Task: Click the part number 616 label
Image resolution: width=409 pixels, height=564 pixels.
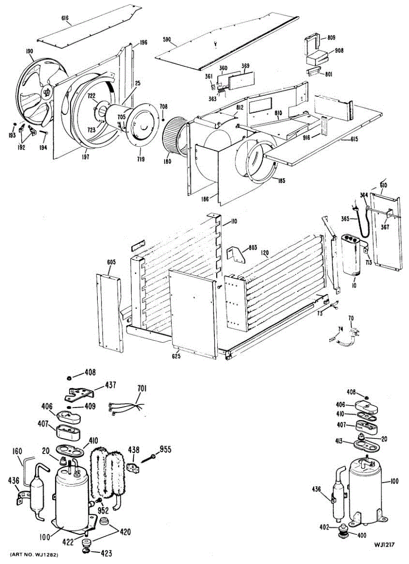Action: point(65,19)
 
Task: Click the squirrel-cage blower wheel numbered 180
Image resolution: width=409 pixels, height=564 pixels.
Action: point(175,133)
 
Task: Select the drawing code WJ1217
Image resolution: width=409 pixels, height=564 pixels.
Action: point(384,545)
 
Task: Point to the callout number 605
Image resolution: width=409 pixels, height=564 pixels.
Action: point(110,262)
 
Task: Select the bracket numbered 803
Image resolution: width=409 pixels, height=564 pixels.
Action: point(236,254)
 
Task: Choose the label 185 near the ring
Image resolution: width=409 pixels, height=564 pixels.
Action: point(281,180)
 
